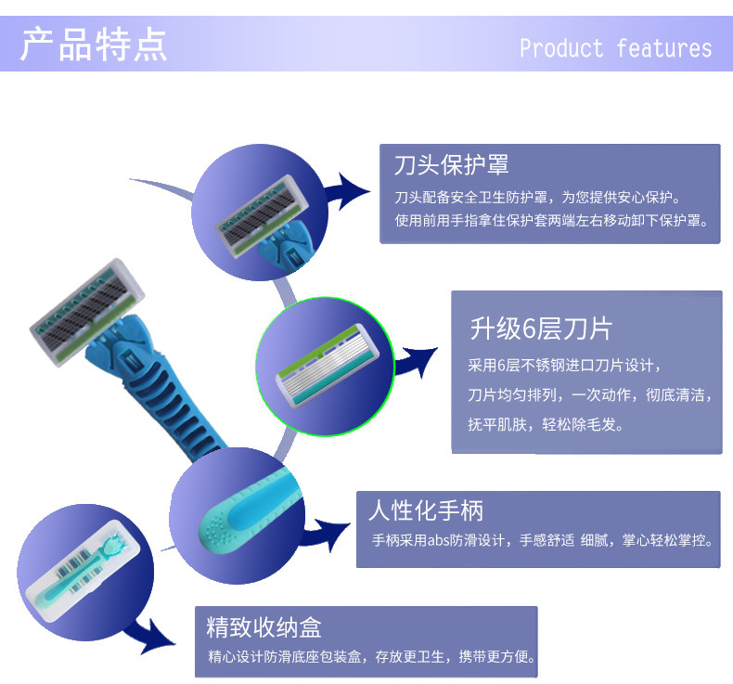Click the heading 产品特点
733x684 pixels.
tap(94, 45)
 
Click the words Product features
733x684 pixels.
tap(615, 48)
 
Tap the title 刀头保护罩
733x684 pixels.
tap(451, 166)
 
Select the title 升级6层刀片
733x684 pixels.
tap(540, 329)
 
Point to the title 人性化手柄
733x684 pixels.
tap(426, 510)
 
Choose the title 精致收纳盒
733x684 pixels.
tap(264, 626)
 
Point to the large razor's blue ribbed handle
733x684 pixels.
tap(167, 390)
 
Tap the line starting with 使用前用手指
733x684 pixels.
tap(551, 221)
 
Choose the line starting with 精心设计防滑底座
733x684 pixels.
tap(371, 657)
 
